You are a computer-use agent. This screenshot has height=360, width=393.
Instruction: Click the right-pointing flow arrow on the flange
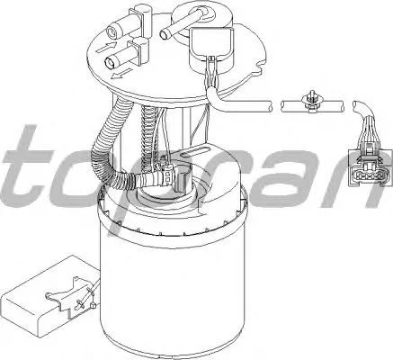[x=106, y=48]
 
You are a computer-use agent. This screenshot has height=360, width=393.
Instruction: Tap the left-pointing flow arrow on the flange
[x=121, y=74]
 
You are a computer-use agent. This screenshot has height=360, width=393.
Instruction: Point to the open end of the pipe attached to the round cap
[x=165, y=34]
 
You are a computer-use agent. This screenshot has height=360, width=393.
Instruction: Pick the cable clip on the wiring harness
[x=310, y=103]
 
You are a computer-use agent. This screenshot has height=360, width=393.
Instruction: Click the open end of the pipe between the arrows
[x=110, y=62]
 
